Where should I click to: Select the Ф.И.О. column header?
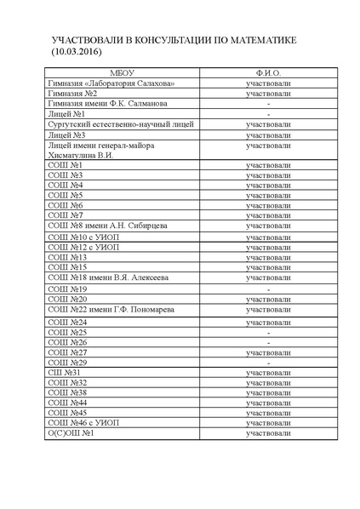click(268, 73)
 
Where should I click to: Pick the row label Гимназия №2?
click(72, 94)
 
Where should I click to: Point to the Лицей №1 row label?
click(66, 114)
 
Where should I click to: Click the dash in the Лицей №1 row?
click(268, 114)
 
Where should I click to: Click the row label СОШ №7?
click(65, 216)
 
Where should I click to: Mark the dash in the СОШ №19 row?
click(268, 289)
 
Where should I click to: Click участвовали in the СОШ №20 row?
click(268, 300)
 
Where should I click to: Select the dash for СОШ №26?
click(268, 342)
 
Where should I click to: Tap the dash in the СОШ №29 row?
click(268, 363)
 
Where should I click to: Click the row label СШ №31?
click(64, 373)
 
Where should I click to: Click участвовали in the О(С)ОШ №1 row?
click(268, 434)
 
